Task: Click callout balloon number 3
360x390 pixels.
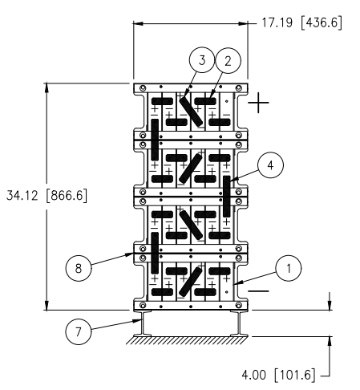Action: click(202, 60)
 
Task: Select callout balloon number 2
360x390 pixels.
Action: click(228, 61)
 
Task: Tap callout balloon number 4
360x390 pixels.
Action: click(270, 165)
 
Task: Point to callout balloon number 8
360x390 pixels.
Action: click(79, 268)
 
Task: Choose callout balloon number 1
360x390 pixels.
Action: click(289, 268)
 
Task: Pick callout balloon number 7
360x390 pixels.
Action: click(79, 332)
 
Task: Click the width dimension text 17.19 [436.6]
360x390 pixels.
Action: click(301, 22)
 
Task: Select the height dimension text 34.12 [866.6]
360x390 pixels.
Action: click(47, 196)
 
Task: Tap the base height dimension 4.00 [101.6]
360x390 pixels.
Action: click(278, 375)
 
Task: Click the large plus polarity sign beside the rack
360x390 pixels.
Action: click(258, 103)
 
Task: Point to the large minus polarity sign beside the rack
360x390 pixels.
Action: click(258, 291)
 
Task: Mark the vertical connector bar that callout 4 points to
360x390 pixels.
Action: click(227, 197)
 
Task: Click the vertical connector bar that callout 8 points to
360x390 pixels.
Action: click(155, 253)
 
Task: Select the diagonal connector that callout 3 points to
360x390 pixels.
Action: click(191, 112)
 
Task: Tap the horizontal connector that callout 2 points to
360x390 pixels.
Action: click(205, 101)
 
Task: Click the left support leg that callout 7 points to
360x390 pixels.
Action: click(143, 323)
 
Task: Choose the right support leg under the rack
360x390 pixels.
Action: click(239, 323)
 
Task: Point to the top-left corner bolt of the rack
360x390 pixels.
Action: click(143, 88)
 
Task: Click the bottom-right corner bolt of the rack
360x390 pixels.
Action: click(239, 305)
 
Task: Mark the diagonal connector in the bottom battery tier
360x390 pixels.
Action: click(191, 281)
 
